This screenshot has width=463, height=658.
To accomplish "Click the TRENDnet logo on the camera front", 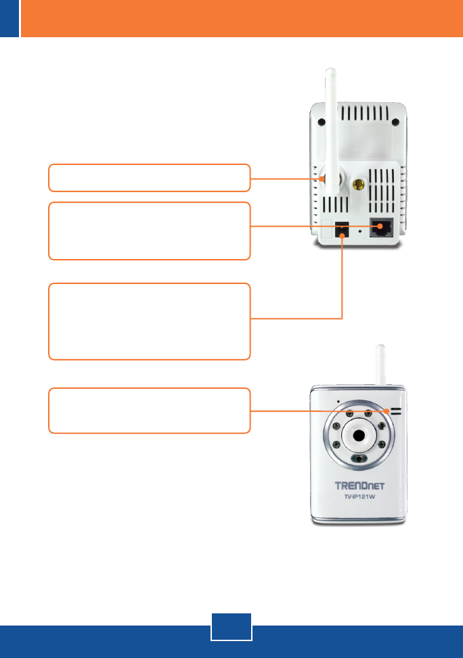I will coord(368,486).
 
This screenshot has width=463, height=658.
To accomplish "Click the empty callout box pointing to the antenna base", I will coord(149,177).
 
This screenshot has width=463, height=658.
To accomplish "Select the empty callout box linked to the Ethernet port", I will coord(149,231).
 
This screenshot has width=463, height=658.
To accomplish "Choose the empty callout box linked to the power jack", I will coord(149,321).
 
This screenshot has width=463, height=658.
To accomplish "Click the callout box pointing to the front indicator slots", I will coord(149,410).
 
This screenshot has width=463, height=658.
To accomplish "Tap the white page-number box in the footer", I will coord(231,627).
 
